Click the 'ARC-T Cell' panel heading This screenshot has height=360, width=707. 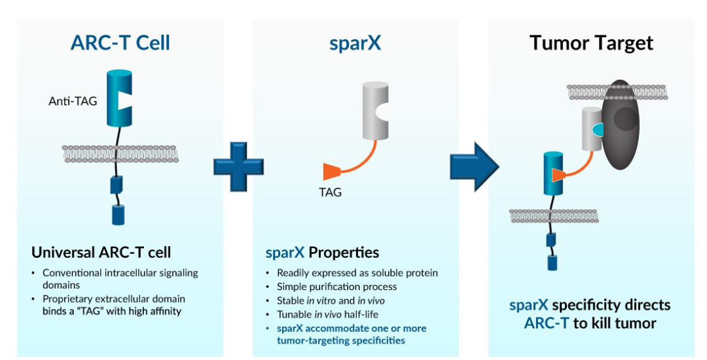pos(120,43)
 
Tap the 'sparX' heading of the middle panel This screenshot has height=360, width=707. pos(355,43)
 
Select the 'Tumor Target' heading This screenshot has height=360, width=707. pos(591,43)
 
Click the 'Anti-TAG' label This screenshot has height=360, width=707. pos(70,101)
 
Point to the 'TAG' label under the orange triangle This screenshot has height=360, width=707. pos(331,192)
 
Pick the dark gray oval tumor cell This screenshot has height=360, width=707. pos(622,124)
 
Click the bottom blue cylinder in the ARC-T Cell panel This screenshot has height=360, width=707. pos(118,215)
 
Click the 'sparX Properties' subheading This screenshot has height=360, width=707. pos(321,253)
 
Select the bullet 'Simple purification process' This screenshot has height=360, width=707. pos(336,286)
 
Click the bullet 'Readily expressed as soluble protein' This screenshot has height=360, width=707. pos(357,273)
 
